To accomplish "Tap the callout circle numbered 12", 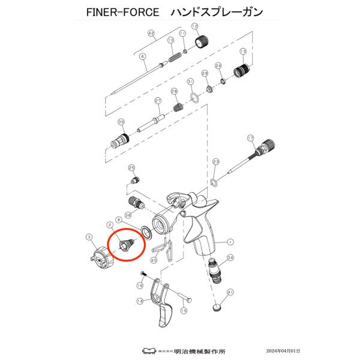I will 194,26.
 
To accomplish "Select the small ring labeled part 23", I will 213,182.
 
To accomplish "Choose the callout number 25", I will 132,167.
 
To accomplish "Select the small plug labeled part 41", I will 217,308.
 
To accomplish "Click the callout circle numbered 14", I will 139,301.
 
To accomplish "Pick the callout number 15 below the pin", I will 184,310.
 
